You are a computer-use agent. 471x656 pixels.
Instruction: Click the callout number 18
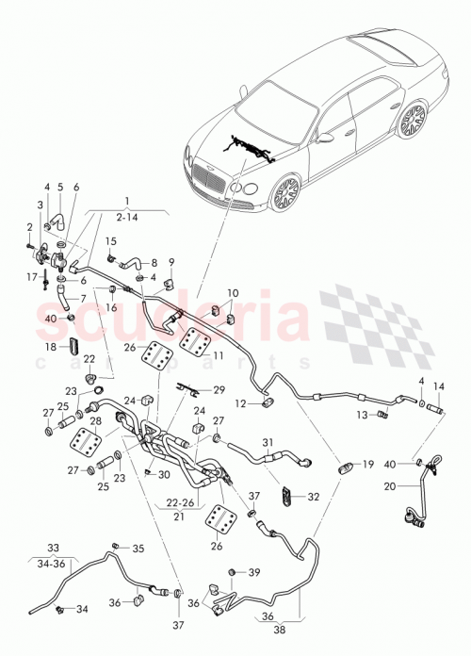coord(51,348)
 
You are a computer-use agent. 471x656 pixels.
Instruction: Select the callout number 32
coord(313,495)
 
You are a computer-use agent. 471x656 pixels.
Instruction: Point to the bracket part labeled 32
coord(287,493)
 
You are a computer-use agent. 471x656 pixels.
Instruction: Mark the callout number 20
coord(389,486)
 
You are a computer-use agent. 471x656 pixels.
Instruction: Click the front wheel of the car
coord(285,192)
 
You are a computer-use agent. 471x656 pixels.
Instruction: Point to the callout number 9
coord(171,261)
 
